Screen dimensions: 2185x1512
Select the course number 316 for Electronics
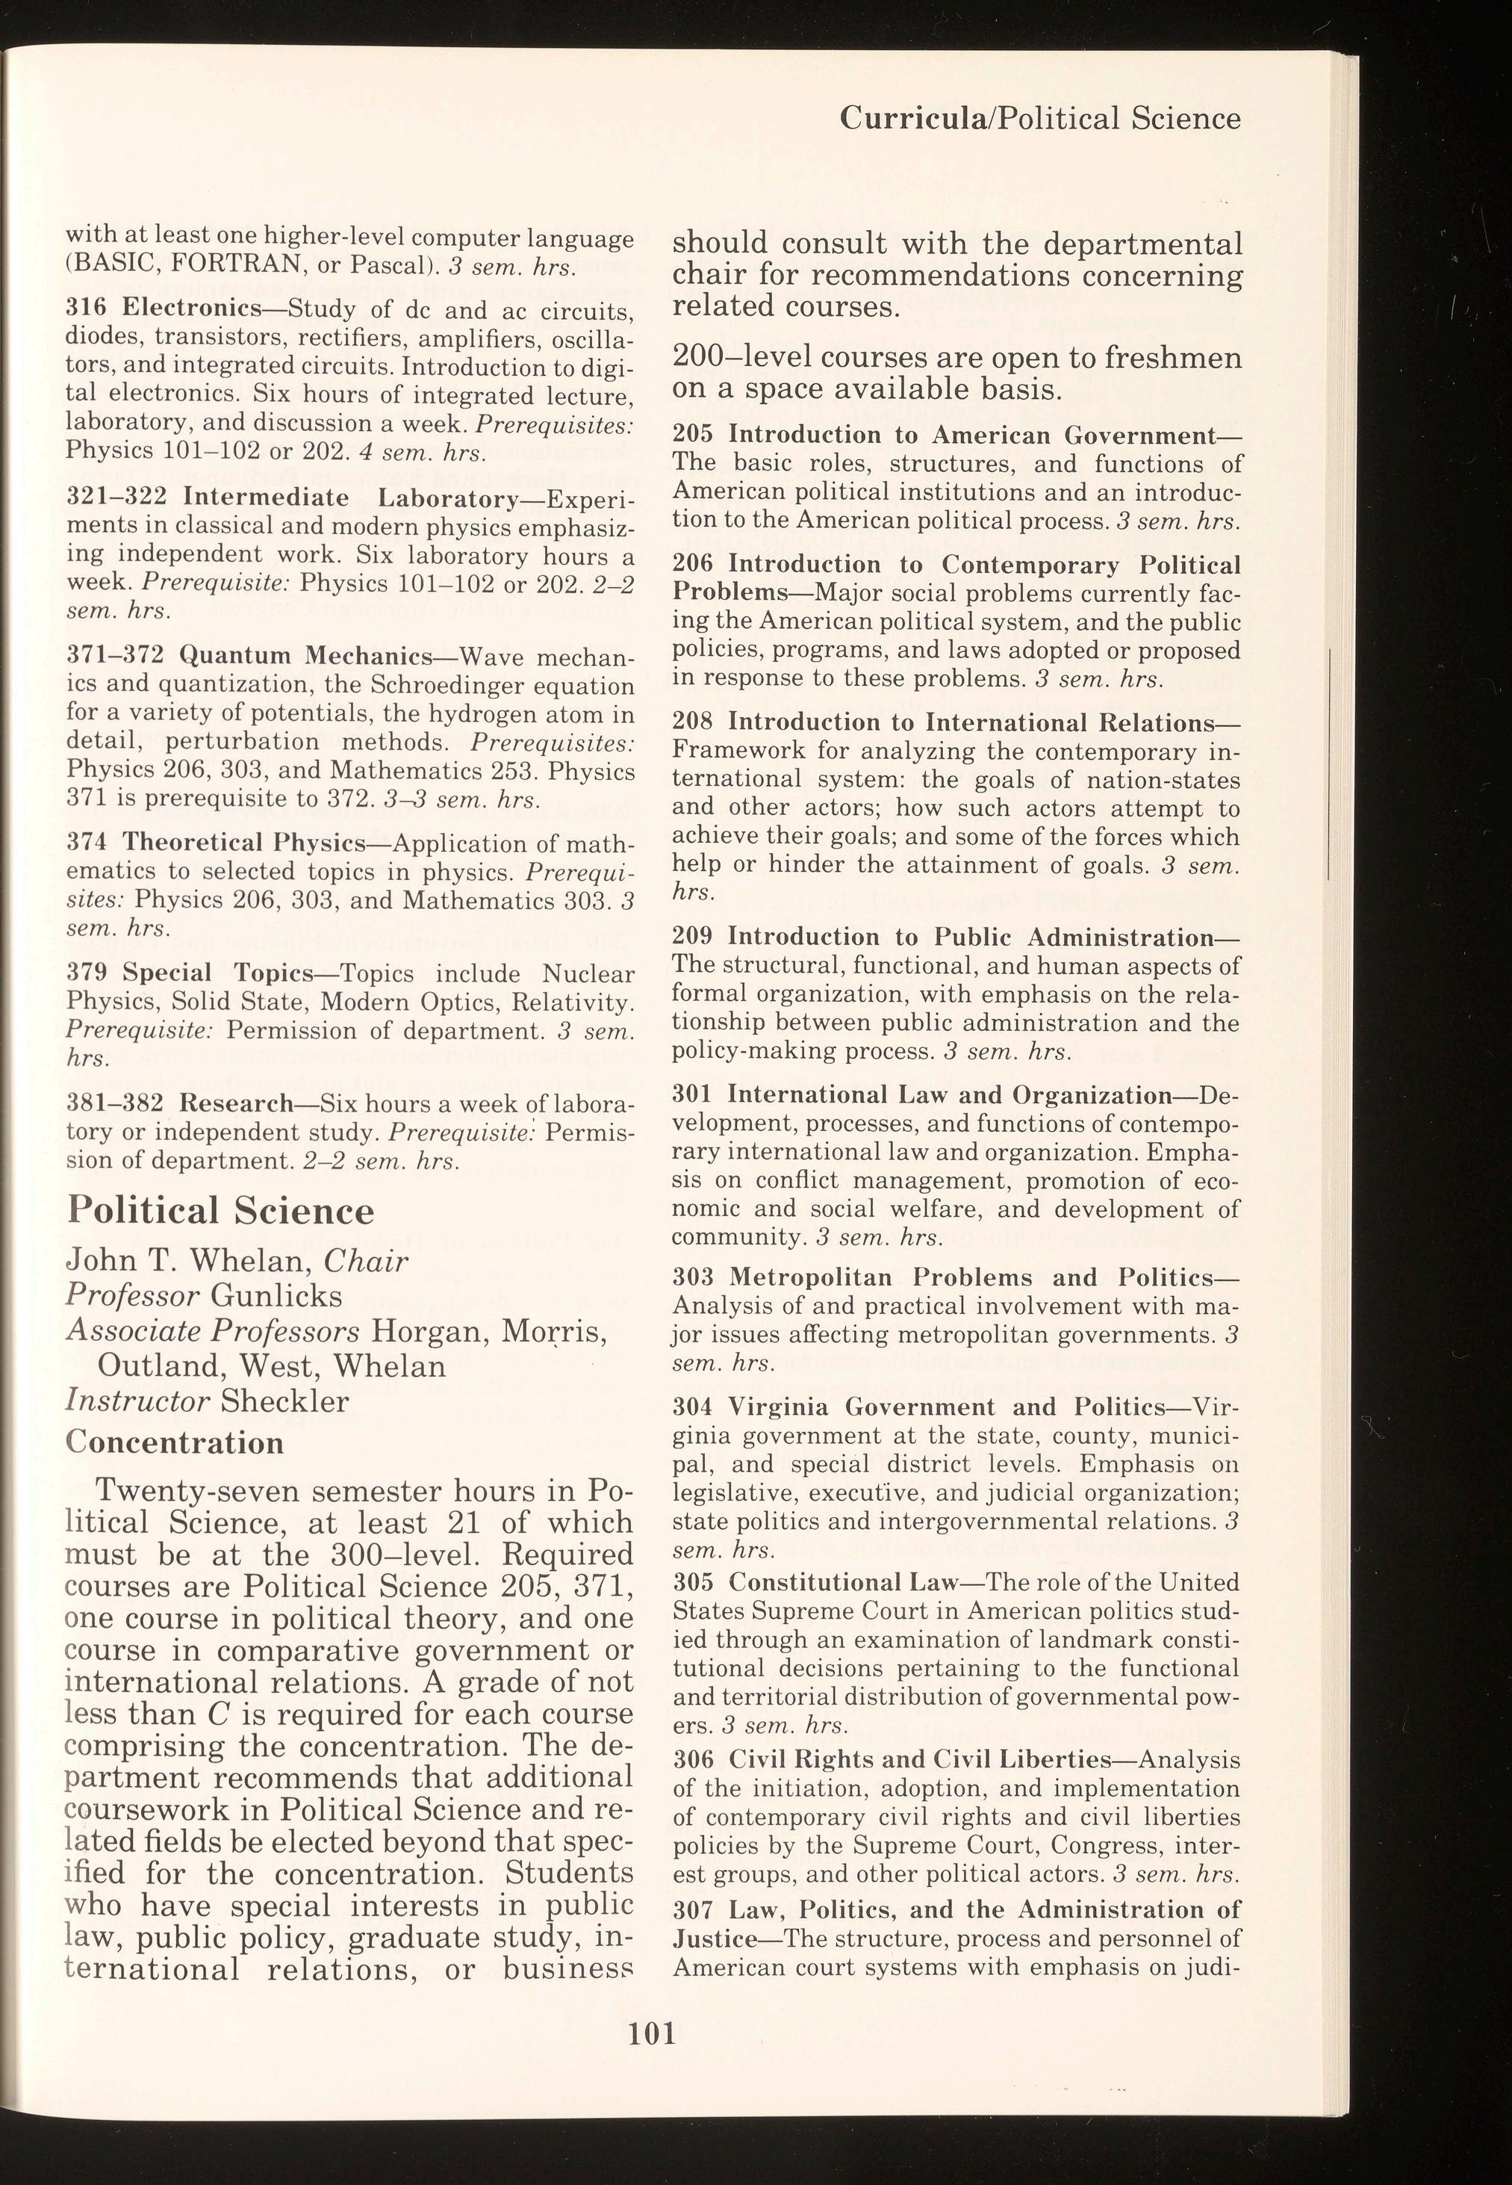pos(85,309)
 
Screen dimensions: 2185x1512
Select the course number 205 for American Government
pos(692,436)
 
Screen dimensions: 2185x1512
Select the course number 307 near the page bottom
pos(692,1909)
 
